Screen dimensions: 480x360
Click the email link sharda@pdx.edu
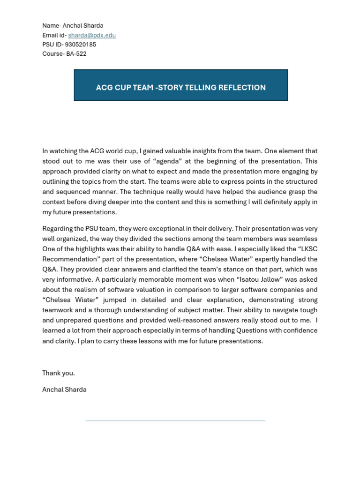(x=92, y=35)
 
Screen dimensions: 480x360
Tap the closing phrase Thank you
(x=59, y=373)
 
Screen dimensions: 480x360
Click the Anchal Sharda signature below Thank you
(x=64, y=390)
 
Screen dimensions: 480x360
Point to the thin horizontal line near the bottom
(x=175, y=420)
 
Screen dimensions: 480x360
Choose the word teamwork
(x=59, y=310)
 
